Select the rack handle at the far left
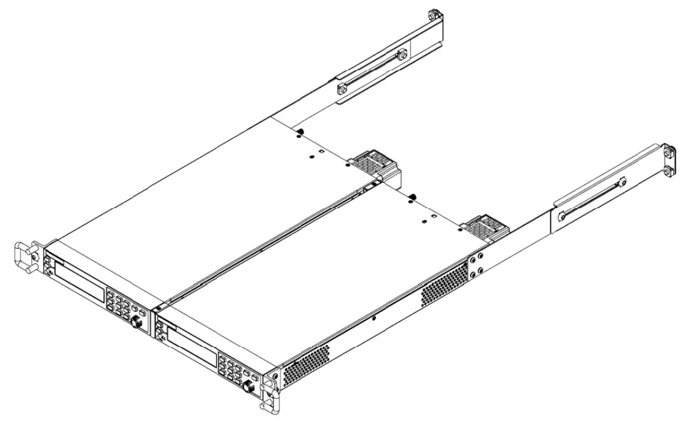click(x=23, y=257)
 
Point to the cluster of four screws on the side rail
click(x=477, y=264)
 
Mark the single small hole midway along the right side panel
click(x=374, y=319)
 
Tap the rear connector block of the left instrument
click(x=371, y=164)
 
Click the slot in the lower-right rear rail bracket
click(x=591, y=197)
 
